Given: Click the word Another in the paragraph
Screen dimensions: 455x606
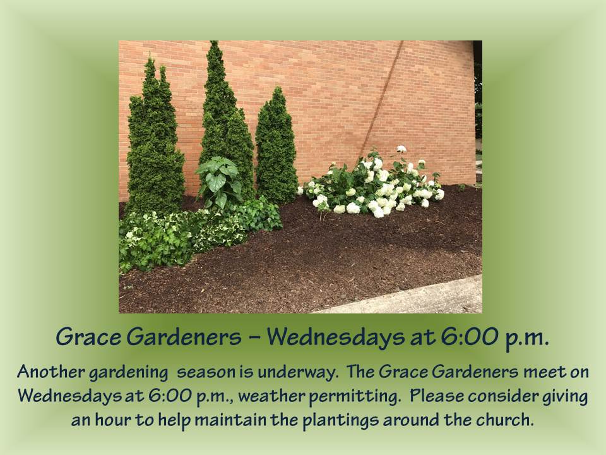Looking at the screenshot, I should (x=46, y=372).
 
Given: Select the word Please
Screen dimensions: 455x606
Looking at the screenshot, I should (x=436, y=396).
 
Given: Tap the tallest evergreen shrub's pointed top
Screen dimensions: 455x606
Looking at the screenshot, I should (x=214, y=45).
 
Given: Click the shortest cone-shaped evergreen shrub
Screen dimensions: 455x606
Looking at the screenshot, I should (x=276, y=149).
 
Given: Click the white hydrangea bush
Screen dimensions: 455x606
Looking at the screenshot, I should (x=372, y=183).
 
